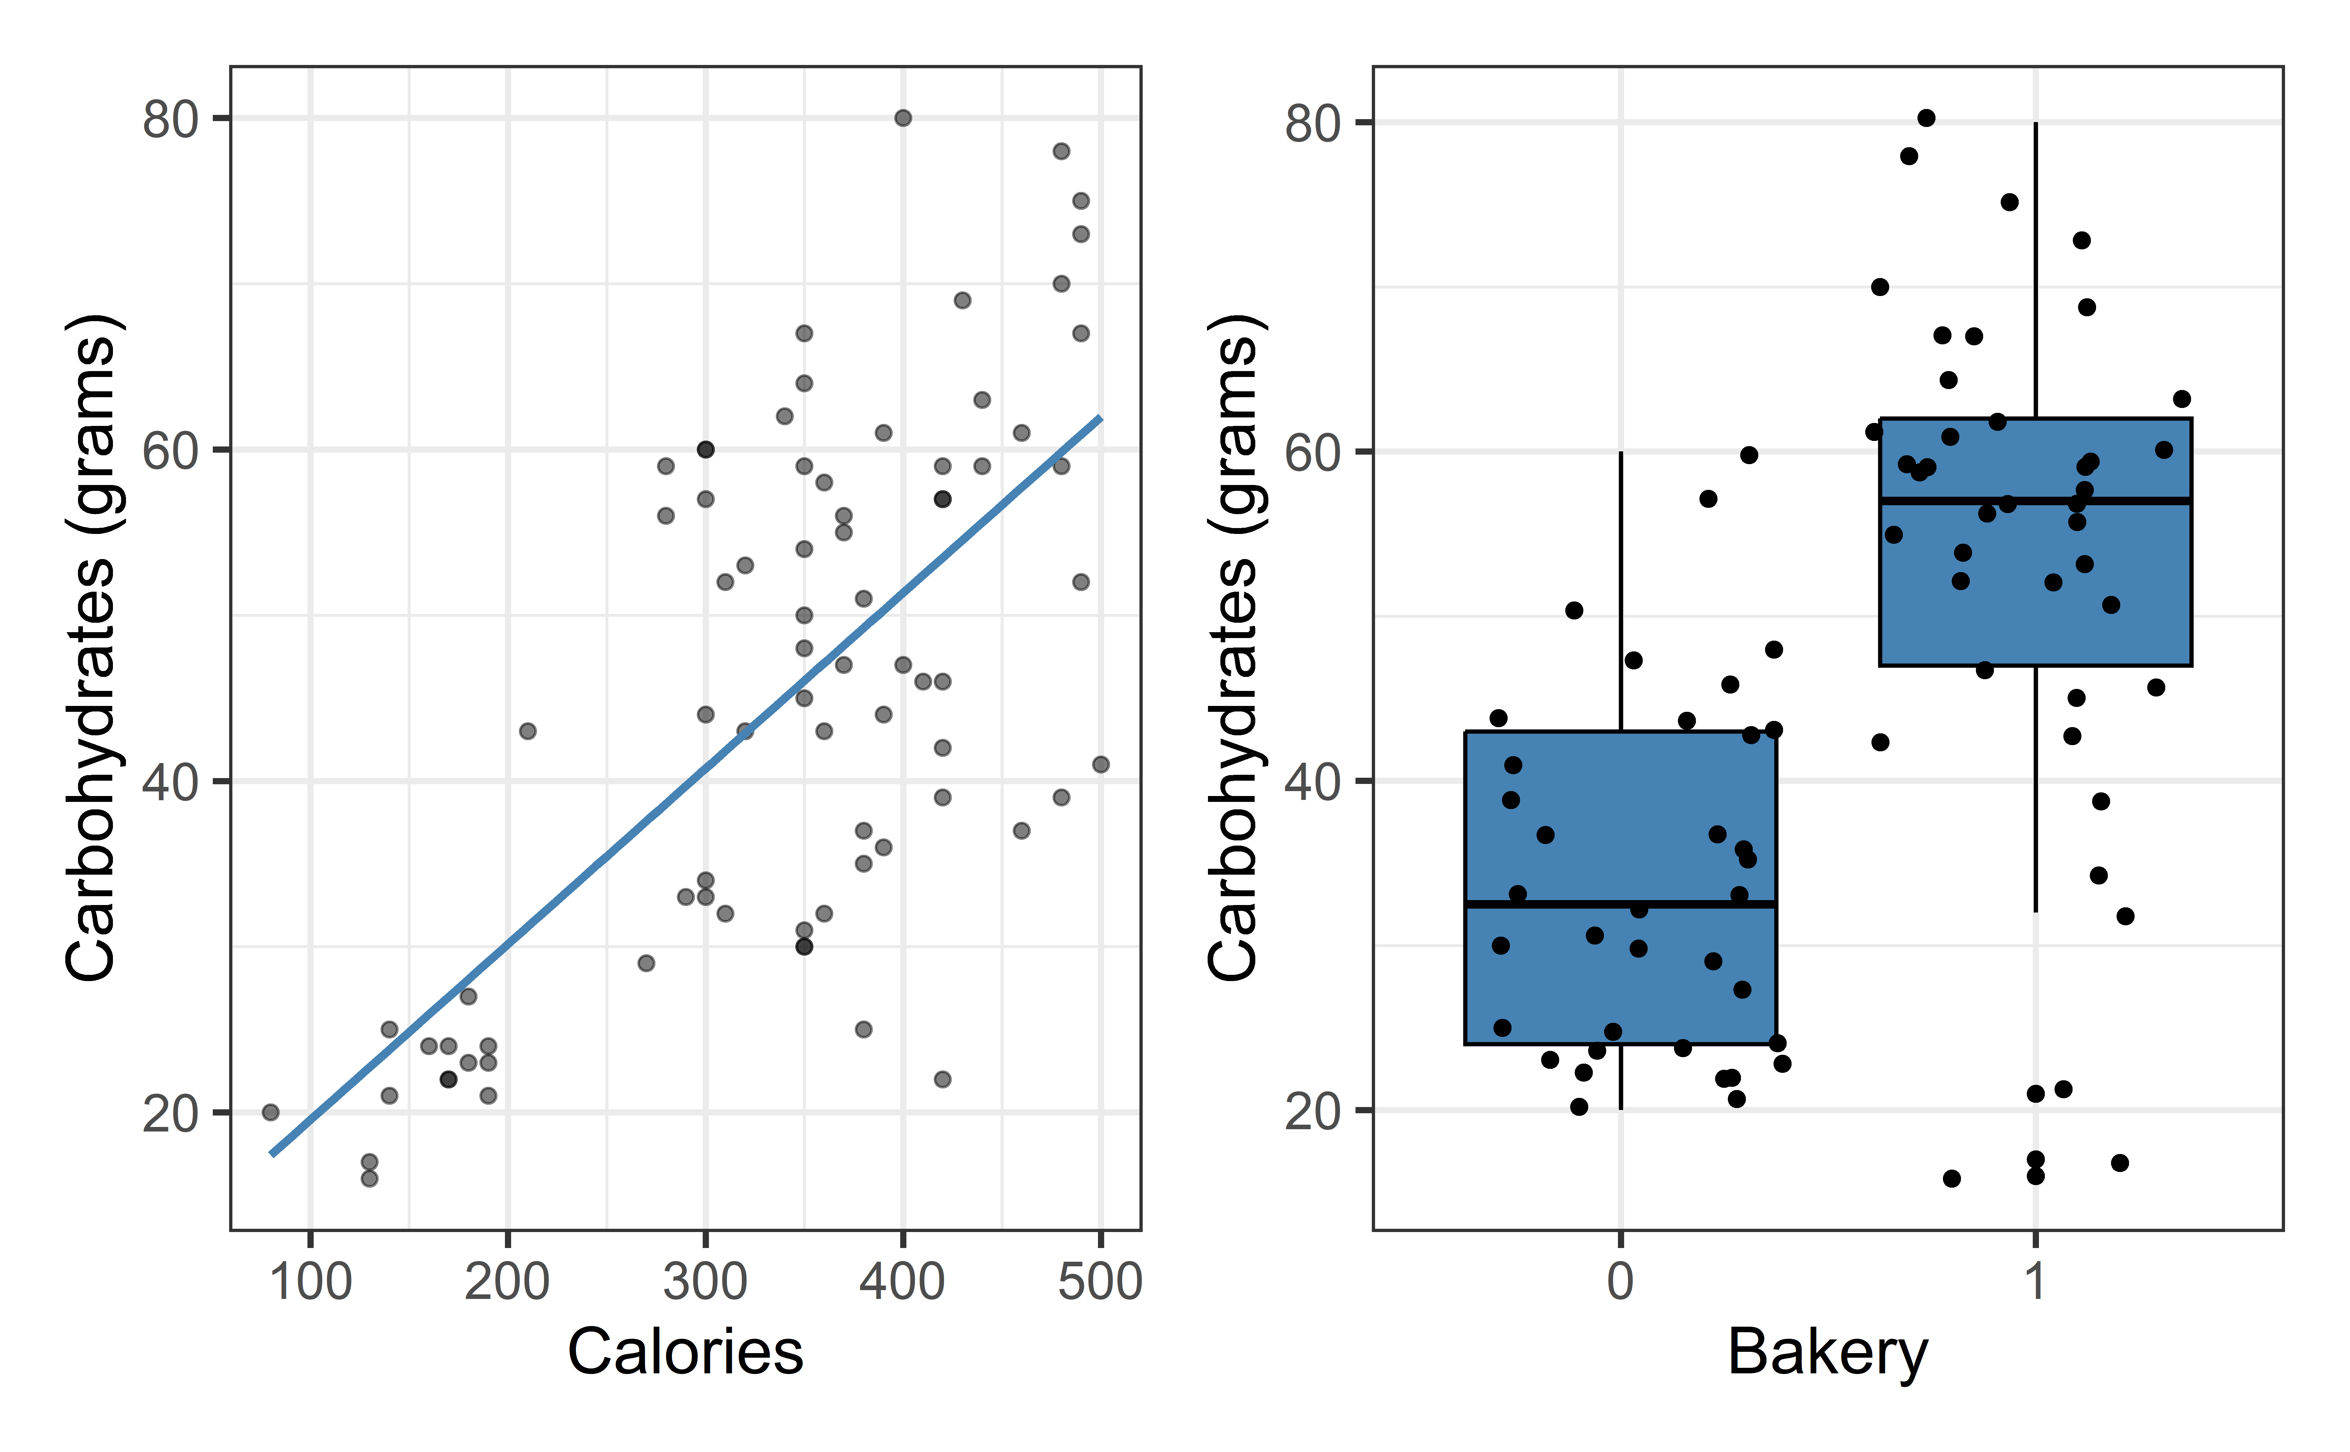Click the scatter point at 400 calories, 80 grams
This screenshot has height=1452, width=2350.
click(903, 118)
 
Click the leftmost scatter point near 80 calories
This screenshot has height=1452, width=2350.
click(271, 1112)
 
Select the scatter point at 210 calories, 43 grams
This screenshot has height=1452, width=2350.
click(527, 731)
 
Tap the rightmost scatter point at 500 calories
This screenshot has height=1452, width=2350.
click(1101, 764)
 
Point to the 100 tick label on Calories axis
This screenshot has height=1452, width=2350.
click(310, 1282)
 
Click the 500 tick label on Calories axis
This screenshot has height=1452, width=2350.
click(1101, 1282)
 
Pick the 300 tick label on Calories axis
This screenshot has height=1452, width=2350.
click(705, 1282)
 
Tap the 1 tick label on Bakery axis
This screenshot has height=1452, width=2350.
click(2035, 1282)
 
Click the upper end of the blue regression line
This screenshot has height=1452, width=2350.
click(1100, 419)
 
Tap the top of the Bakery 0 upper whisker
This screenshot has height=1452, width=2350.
click(1621, 452)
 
